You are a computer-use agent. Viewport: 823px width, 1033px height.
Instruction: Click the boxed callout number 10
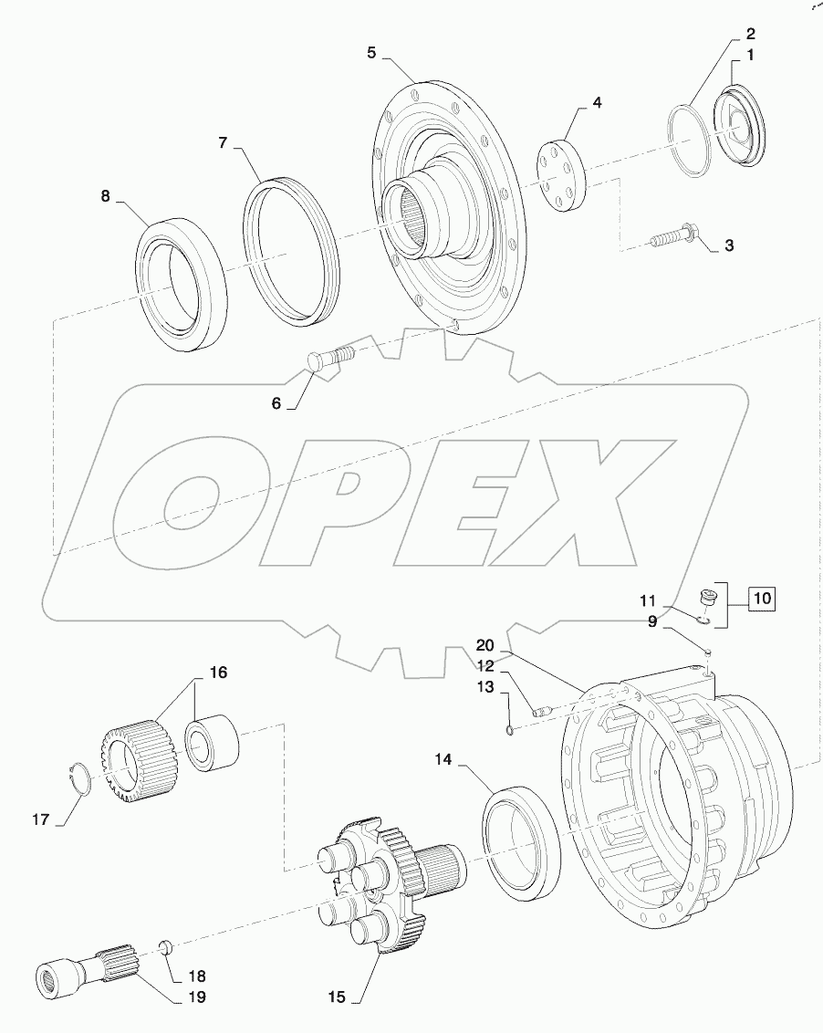pyautogui.click(x=761, y=600)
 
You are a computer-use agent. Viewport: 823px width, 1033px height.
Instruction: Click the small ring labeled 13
pyautogui.click(x=510, y=727)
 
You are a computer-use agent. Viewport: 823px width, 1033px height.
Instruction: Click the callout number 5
pyautogui.click(x=371, y=52)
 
